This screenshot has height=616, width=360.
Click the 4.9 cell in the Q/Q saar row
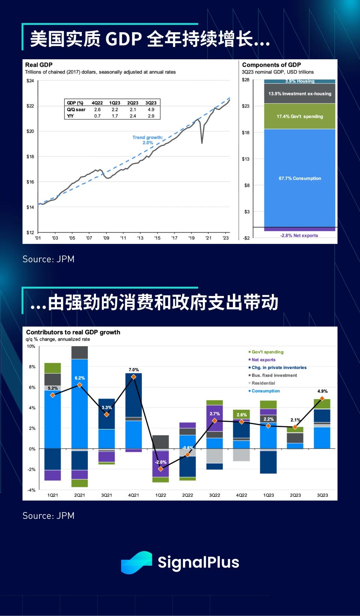[x=151, y=110]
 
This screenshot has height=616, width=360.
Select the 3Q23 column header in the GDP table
[x=151, y=103]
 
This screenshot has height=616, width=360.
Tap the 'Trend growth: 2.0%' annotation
[x=148, y=140]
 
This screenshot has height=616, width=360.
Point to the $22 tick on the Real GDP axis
[x=30, y=106]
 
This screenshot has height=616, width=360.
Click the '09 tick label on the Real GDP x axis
[x=106, y=238]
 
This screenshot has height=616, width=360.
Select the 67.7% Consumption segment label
[x=300, y=179]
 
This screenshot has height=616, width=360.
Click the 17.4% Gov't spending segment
[x=300, y=116]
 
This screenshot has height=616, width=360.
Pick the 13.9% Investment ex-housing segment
[x=300, y=94]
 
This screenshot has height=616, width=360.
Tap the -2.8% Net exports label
[x=299, y=236]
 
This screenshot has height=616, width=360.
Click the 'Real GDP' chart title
[x=39, y=65]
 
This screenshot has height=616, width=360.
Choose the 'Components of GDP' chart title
[x=271, y=65]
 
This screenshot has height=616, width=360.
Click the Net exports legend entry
[x=263, y=360]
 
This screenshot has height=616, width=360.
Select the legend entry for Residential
[x=263, y=383]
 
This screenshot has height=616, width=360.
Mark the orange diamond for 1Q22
[x=160, y=469]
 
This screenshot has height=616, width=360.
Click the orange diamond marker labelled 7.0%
[x=133, y=377]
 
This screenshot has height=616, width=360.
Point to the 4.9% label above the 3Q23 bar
[x=322, y=391]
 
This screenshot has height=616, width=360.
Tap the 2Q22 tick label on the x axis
[x=187, y=495]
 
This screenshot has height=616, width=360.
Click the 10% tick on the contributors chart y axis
[x=31, y=346]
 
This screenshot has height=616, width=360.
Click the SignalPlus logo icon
[x=136, y=562]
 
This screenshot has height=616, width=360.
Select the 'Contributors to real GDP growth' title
[x=73, y=332]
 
